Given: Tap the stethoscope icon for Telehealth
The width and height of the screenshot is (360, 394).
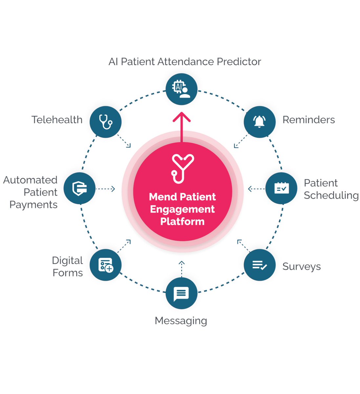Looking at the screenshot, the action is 106,122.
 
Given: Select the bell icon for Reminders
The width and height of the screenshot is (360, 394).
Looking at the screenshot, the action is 259,122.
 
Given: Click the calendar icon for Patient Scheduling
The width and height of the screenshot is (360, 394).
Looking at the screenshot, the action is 281,188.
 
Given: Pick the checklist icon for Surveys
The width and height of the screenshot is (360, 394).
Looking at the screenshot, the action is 259,265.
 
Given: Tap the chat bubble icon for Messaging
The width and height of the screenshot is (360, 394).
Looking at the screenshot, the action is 181,293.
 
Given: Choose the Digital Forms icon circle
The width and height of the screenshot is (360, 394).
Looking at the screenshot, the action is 106,265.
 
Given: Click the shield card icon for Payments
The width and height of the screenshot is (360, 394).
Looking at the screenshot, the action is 79,188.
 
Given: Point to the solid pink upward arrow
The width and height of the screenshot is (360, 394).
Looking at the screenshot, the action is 181,126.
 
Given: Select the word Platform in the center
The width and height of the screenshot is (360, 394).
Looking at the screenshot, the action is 182,222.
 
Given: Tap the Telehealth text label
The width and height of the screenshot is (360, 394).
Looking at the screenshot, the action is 57,120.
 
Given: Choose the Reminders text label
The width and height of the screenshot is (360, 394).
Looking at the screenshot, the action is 308,120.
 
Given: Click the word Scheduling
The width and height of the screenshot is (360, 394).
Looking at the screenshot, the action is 331,195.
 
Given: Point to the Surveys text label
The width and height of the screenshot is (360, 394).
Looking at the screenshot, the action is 301,267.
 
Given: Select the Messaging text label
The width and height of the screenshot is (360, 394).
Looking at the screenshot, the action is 181,321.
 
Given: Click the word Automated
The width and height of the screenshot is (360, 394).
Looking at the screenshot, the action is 30,180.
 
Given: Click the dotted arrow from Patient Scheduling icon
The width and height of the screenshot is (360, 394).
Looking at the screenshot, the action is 256,189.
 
